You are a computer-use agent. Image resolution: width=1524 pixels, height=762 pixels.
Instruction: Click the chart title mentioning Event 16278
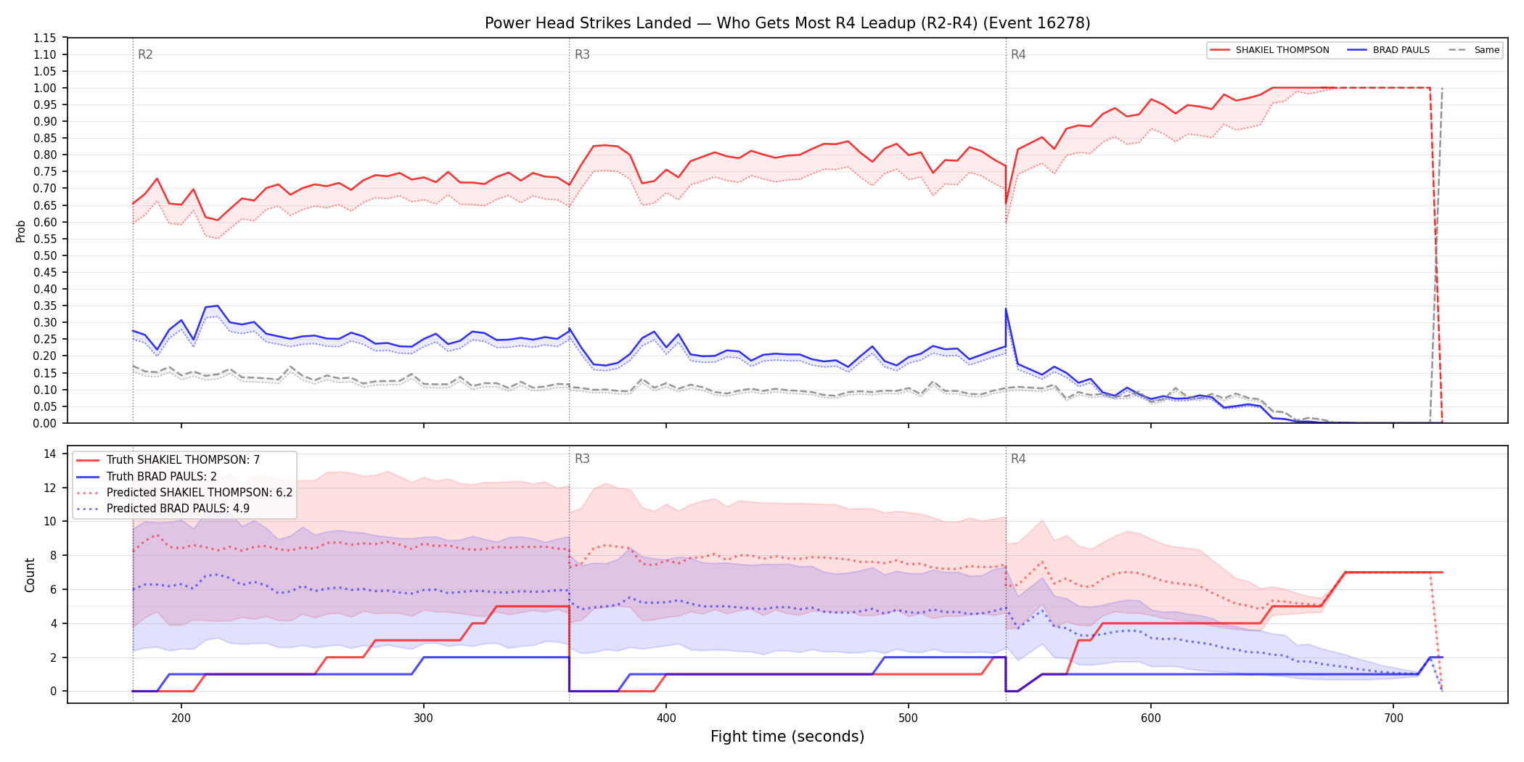(787, 23)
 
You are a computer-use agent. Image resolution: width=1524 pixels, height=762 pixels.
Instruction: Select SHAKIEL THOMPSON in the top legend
(1282, 50)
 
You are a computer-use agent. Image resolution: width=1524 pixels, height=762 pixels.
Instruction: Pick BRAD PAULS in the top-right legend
(1401, 50)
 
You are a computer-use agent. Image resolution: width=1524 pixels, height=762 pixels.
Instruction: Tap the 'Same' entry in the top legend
(1486, 50)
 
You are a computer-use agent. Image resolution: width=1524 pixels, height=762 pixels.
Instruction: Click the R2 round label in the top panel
(145, 54)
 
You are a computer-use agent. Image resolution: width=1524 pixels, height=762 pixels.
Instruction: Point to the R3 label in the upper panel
(582, 54)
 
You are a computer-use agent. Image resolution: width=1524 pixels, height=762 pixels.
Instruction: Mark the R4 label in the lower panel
(1018, 459)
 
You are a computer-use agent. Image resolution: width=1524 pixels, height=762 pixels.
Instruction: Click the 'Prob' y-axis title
(21, 231)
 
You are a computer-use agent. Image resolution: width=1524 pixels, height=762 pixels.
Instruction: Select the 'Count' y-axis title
(30, 575)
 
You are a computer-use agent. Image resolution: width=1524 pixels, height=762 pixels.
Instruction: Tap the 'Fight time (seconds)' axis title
(787, 737)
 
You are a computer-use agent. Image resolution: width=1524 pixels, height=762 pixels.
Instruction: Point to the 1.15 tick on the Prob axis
(45, 38)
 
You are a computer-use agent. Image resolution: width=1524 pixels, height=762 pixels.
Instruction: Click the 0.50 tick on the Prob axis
(45, 255)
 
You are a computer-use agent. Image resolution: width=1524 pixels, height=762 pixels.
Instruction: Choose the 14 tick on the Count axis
(50, 454)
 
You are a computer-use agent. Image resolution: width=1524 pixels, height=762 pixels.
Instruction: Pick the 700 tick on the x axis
(1393, 718)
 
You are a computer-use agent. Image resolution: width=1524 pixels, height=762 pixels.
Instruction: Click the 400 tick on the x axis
(666, 718)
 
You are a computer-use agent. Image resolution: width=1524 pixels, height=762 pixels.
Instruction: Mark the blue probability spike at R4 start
(1006, 309)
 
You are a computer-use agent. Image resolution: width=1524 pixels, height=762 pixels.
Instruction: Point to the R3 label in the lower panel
(582, 459)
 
